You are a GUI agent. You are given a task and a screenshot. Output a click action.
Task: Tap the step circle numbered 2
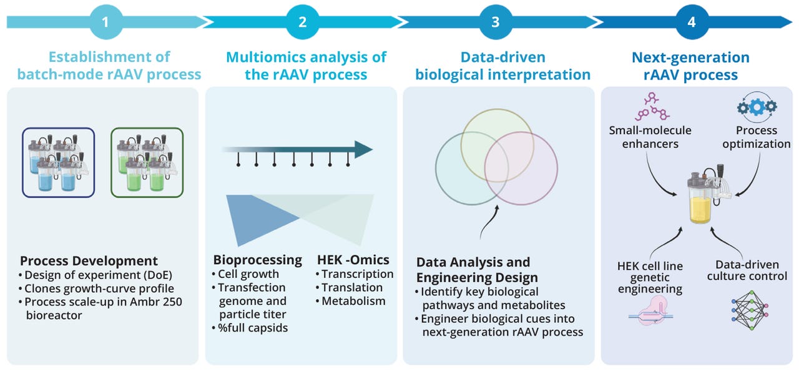pos(303,22)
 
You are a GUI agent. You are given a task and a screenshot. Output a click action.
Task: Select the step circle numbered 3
pos(496,22)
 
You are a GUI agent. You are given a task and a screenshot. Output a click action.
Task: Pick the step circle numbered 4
pos(691,22)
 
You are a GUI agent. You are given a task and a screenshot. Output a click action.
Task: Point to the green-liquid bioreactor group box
pos(147,162)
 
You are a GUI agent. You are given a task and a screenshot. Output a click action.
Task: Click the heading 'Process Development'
pos(89,261)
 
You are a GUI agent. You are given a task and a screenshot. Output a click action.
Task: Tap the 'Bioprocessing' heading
pos(257,260)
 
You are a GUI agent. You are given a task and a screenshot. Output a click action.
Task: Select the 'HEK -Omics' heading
pos(353,260)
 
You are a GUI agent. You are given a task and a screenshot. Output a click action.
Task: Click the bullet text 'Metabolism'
pos(353,301)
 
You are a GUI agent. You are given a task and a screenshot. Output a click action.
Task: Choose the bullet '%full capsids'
pos(253,328)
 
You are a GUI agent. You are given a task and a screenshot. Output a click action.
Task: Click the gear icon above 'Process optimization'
pos(757,107)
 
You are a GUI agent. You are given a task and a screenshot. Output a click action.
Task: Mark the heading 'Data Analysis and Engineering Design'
pos(473,269)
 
